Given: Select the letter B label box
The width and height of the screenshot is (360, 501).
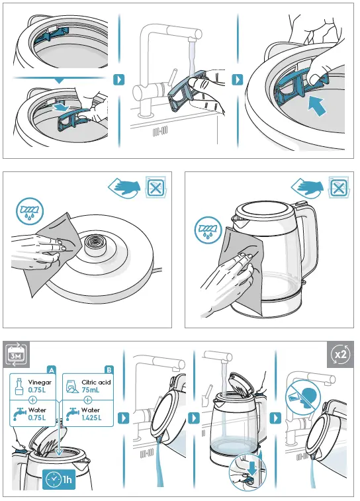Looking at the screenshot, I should tap(109, 369).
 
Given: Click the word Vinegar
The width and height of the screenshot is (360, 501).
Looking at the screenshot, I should tap(39, 382).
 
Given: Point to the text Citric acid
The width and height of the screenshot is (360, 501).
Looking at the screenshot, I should tap(97, 382).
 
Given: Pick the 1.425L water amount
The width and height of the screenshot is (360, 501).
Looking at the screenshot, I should tap(93, 419).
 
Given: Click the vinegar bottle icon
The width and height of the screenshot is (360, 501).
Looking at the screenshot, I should tap(19, 385).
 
